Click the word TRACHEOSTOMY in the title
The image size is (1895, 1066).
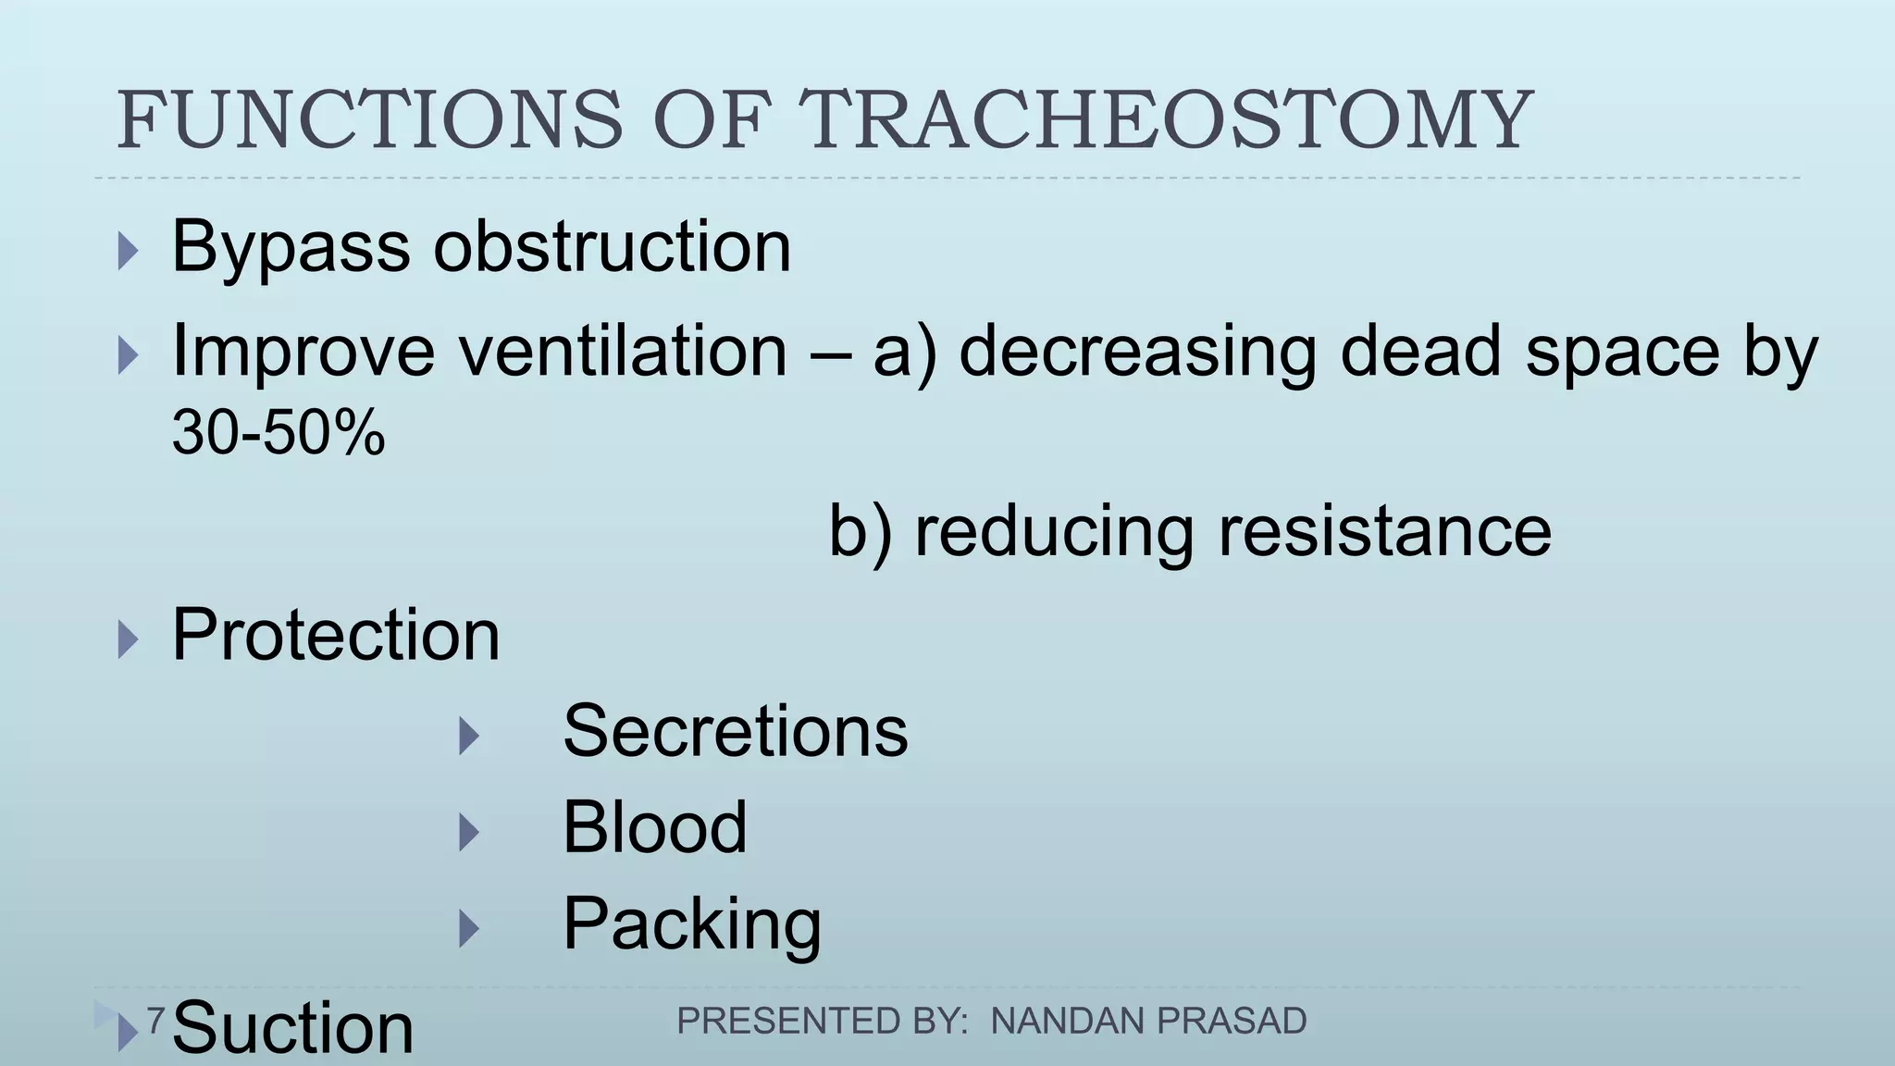pos(1166,120)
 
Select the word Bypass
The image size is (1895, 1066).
pos(291,248)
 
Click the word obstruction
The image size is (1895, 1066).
pos(612,248)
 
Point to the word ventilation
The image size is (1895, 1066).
pos(623,352)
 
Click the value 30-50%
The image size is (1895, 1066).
pos(278,432)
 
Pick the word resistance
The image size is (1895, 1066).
pos(1384,531)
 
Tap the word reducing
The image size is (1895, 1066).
pos(1053,533)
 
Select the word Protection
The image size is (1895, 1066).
pos(335,636)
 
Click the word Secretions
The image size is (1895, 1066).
pos(735,731)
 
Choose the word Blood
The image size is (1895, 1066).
pos(654,827)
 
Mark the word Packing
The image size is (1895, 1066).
pos(691,923)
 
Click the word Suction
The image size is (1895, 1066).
pos(292,1029)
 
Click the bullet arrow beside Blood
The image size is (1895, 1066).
pos(469,833)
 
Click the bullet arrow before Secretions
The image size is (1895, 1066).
pos(469,737)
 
